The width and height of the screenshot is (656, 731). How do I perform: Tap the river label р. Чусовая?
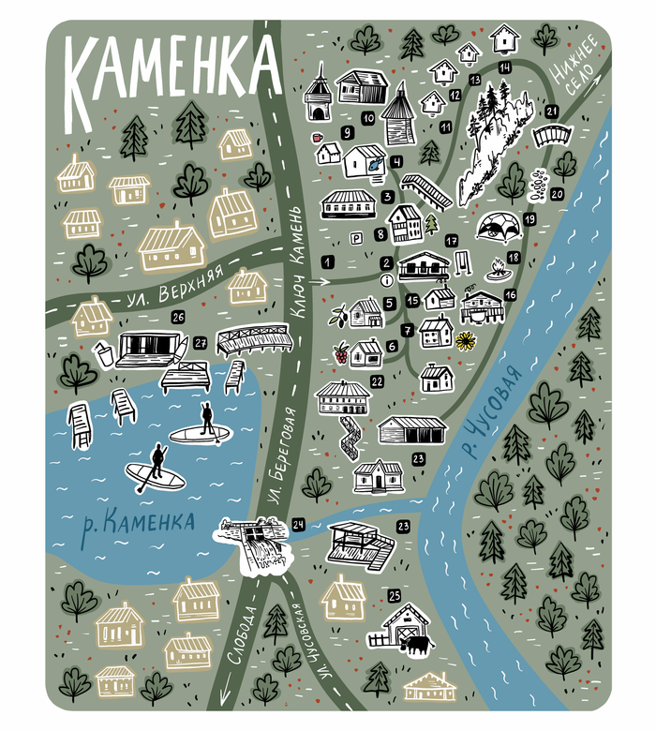click(487, 413)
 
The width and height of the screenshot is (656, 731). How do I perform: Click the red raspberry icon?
click(341, 354)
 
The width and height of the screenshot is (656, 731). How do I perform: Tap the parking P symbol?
click(355, 239)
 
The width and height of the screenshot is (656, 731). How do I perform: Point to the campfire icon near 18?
click(494, 273)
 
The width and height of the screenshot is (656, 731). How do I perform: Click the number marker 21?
click(552, 112)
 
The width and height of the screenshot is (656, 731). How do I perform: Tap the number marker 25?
click(395, 595)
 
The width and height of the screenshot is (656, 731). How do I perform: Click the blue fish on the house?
click(376, 163)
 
